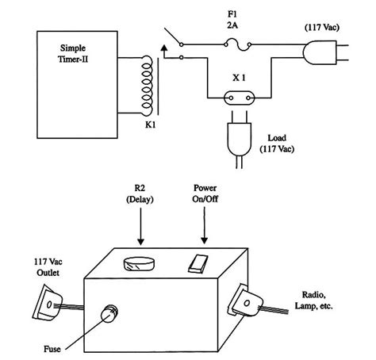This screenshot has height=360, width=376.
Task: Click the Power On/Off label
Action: (x=205, y=195)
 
